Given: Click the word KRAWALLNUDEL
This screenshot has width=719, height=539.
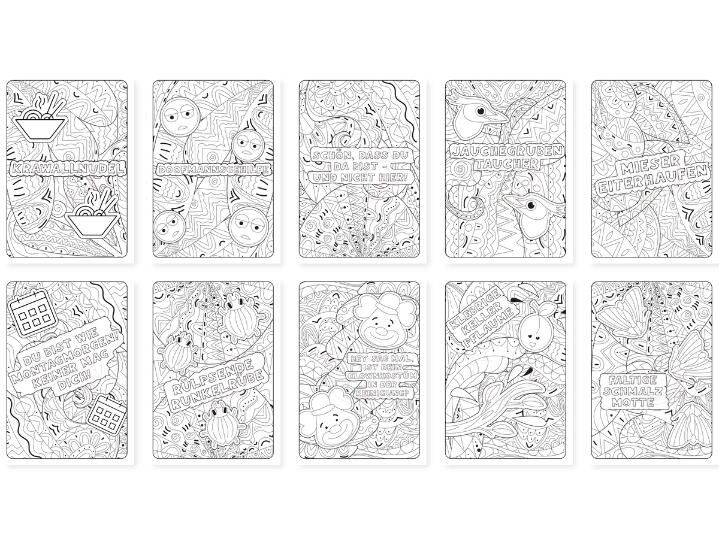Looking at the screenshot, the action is click(x=67, y=168).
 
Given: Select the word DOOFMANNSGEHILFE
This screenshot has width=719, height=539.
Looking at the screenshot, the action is click(x=213, y=169).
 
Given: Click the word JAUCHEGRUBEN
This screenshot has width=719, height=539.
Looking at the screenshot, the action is click(x=506, y=150).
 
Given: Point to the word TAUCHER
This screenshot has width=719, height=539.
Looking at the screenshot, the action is click(x=506, y=163).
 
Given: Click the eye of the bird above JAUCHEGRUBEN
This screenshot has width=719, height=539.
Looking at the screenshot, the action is click(x=481, y=111).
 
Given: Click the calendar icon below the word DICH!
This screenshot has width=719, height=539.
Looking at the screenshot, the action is click(x=107, y=414).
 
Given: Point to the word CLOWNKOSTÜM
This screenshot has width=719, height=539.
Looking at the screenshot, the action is click(x=383, y=375).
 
